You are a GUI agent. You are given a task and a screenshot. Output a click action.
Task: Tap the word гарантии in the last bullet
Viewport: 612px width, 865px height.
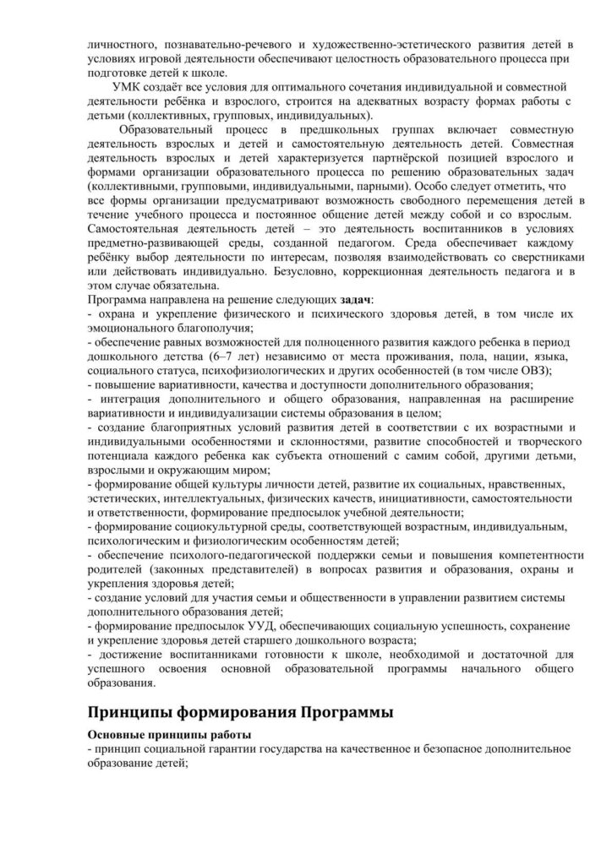pyautogui.click(x=248, y=749)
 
